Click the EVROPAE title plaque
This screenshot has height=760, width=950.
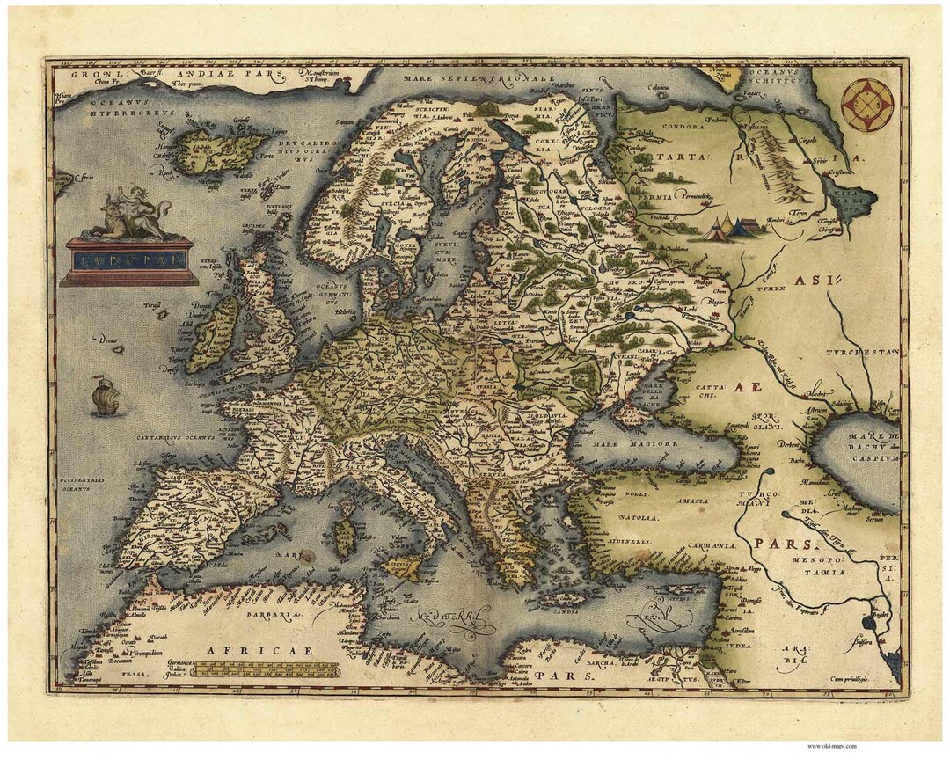coord(128,259)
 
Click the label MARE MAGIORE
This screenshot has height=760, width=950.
coord(647,445)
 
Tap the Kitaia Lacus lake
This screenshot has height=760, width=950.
coord(856,207)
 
